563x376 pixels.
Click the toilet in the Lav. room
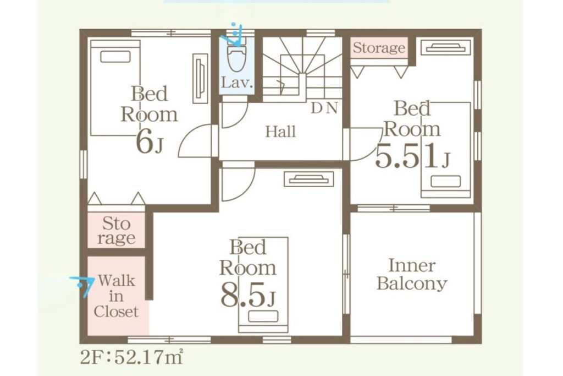point(237,57)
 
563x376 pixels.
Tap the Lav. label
point(237,83)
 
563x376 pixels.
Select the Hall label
point(281,132)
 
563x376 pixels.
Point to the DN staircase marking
point(324,108)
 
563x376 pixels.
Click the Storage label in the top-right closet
point(379,48)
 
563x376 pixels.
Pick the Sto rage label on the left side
point(117,231)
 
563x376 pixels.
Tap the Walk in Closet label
point(116,296)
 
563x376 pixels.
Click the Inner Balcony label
point(411,275)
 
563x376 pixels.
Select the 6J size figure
point(150,143)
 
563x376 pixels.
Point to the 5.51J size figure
point(412,156)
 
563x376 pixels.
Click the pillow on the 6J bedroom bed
point(115,57)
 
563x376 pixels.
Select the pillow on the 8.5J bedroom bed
point(263,317)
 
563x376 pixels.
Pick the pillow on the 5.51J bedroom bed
point(445,181)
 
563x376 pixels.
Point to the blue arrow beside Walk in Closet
point(83,285)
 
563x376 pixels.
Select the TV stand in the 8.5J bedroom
point(309,179)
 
